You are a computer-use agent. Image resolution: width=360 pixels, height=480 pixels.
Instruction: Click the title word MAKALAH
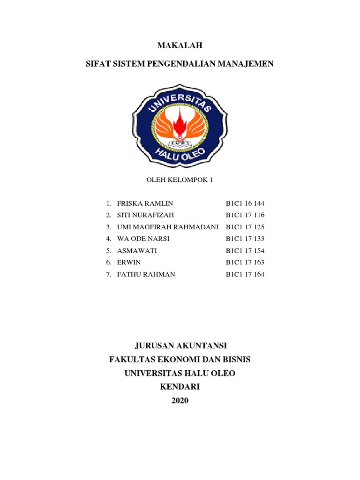[x=180, y=45]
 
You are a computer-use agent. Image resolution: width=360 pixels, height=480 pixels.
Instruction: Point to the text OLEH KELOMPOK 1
[x=180, y=179]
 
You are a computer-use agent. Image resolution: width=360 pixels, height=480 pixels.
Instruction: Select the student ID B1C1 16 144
[x=245, y=203]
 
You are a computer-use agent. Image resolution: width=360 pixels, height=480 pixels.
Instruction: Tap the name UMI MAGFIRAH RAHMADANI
[x=168, y=227]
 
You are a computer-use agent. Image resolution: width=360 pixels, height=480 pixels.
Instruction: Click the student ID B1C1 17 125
[x=245, y=227]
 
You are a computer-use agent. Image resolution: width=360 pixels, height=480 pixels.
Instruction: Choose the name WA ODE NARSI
[x=136, y=239]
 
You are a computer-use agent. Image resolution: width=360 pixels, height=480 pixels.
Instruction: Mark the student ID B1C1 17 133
[x=245, y=239]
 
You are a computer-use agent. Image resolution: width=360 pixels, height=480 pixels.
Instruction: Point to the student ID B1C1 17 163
[x=245, y=262]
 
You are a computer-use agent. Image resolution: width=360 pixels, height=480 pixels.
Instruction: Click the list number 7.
[x=108, y=274]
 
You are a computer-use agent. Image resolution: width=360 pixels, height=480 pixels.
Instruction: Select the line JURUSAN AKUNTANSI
[x=180, y=346]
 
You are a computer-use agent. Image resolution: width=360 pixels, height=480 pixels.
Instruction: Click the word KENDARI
[x=180, y=387]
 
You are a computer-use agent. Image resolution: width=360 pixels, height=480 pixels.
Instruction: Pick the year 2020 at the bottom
[x=180, y=401]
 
